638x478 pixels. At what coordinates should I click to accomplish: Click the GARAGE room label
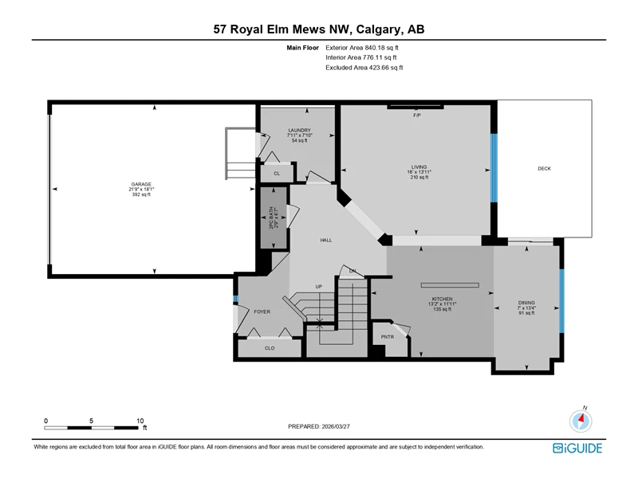pos(141,184)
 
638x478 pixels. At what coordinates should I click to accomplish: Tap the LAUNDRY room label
pos(300,130)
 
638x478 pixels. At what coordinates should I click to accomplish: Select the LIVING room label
pos(419,167)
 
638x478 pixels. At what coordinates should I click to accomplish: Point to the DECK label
pos(544,168)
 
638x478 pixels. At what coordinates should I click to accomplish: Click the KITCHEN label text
pos(443,299)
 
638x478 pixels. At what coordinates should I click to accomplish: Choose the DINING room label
pos(526,303)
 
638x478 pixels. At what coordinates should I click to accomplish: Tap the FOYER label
pos(262,311)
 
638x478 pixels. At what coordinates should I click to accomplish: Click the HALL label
pos(326,241)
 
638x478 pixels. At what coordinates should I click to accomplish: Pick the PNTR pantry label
pos(388,336)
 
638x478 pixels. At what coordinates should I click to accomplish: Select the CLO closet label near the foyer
pos(270,348)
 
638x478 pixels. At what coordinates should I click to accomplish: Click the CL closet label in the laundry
pos(277,174)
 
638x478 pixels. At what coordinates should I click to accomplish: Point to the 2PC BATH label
pos(271,217)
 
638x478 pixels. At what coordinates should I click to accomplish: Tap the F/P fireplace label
pos(416,115)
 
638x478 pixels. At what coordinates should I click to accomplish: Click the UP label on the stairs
pos(318,287)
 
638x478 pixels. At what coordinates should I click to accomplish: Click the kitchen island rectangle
pos(450,285)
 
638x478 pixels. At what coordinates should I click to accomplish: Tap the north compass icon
pos(581,421)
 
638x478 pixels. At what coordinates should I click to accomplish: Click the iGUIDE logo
pos(577,448)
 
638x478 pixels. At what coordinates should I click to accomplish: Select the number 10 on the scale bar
pos(140,421)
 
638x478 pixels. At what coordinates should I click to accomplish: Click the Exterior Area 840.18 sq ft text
pos(362,48)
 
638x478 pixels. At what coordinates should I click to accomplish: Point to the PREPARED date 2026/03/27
pos(336,426)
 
